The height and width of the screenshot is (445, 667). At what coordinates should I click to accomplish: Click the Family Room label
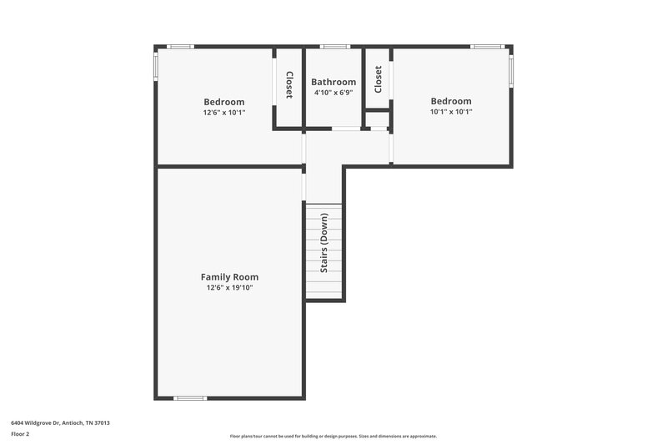(x=229, y=276)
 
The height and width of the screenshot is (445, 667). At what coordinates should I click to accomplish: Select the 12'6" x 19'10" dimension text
(x=229, y=287)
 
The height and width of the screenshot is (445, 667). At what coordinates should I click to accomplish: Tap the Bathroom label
(x=333, y=82)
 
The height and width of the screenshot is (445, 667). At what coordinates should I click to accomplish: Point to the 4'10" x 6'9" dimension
(x=333, y=93)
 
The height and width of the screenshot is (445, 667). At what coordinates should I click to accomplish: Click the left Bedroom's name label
(x=224, y=102)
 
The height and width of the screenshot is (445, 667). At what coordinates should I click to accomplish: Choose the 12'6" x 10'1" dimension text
(x=224, y=112)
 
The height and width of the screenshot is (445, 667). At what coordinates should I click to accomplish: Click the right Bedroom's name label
(x=451, y=101)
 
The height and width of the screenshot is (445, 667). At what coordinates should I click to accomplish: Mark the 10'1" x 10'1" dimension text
(x=451, y=111)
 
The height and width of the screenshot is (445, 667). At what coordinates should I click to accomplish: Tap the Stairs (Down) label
(x=324, y=243)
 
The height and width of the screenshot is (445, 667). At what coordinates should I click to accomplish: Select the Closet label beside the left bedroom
(x=289, y=85)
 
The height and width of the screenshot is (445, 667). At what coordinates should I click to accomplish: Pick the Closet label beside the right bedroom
(x=378, y=79)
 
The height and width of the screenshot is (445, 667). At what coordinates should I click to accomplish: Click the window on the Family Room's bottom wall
(x=190, y=398)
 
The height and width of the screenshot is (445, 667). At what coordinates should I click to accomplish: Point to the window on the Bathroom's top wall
(x=334, y=47)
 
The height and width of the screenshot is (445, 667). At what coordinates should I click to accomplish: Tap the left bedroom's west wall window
(x=155, y=68)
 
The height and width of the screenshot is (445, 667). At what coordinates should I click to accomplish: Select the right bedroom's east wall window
(x=511, y=70)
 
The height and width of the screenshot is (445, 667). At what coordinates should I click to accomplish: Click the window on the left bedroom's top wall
(x=180, y=47)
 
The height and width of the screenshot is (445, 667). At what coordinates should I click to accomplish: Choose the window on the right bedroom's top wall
(x=486, y=47)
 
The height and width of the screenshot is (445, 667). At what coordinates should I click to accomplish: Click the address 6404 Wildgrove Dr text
(x=60, y=422)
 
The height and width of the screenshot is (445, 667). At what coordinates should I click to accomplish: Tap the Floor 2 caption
(x=20, y=434)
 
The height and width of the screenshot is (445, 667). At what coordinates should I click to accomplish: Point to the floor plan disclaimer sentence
(x=333, y=436)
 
